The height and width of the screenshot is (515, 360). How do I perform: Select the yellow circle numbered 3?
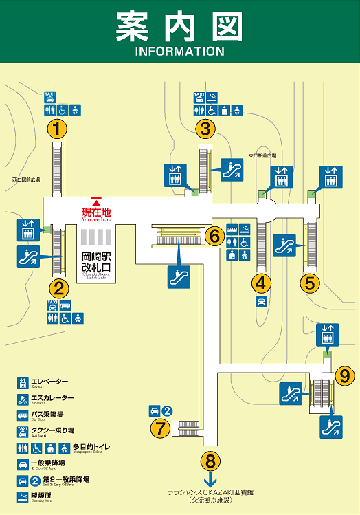pyautogui.click(x=204, y=129)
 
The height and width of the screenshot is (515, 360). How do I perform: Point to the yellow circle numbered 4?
pyautogui.click(x=261, y=282)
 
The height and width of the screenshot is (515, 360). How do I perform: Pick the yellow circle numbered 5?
pyautogui.click(x=310, y=282)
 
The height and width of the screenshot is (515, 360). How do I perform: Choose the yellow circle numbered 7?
pyautogui.click(x=160, y=428)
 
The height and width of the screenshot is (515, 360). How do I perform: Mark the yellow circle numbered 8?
pyautogui.click(x=211, y=460)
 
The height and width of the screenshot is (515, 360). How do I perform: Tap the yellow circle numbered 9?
pyautogui.click(x=345, y=375)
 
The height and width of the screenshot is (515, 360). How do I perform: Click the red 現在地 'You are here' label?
pyautogui.click(x=96, y=212)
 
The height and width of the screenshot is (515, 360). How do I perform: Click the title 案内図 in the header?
pyautogui.click(x=179, y=26)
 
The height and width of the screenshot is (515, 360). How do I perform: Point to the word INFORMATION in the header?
pyautogui.click(x=179, y=52)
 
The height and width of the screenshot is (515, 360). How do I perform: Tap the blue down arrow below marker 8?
pyautogui.click(x=211, y=479)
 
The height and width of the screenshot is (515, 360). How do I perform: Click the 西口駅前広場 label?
pyautogui.click(x=25, y=180)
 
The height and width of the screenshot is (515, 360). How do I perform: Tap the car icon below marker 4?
pyautogui.click(x=261, y=302)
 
